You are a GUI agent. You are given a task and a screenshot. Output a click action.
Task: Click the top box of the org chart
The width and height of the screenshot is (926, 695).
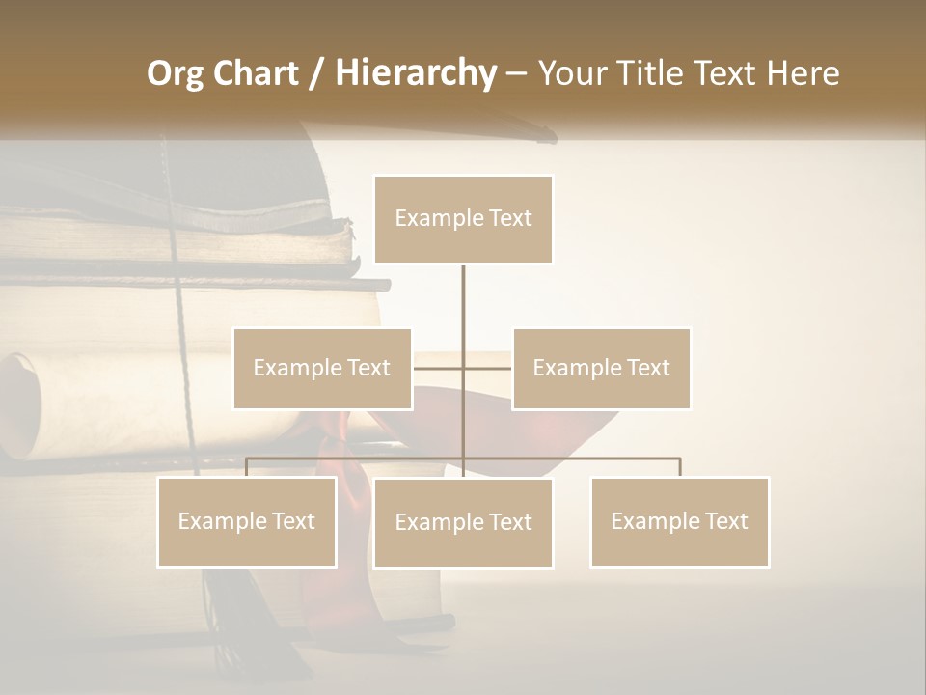(463, 219)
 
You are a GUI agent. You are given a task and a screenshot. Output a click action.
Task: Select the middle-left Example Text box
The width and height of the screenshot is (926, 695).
(322, 368)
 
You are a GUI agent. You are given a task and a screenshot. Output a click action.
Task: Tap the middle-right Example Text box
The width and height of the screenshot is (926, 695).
(601, 368)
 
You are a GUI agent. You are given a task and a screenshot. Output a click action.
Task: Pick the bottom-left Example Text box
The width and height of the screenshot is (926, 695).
(247, 521)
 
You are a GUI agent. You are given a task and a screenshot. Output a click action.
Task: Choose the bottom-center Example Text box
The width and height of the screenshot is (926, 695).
(463, 522)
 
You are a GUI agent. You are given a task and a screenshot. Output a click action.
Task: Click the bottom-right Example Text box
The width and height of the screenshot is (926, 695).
(679, 521)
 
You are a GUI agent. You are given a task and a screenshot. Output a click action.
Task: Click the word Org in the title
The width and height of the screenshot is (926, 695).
(175, 74)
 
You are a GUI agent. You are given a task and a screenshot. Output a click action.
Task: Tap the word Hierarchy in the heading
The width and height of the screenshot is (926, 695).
(416, 74)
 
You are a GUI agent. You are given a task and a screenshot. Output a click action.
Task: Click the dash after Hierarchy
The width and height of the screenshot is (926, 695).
(516, 74)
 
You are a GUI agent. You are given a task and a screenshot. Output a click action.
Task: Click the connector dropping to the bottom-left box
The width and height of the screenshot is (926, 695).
(247, 467)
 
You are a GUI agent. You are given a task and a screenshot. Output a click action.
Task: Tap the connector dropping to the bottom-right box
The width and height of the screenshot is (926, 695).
(679, 467)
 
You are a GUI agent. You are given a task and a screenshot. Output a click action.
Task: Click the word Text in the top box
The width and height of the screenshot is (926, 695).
(509, 219)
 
